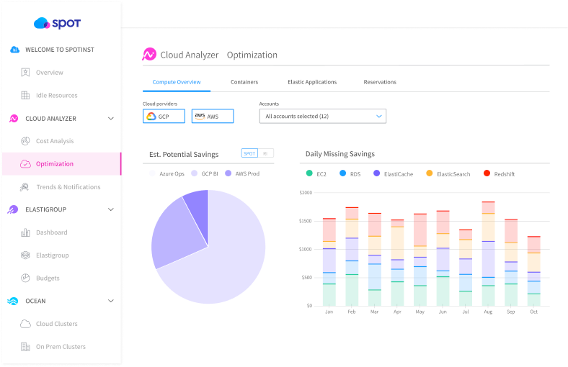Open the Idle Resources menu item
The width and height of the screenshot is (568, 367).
pos(56,95)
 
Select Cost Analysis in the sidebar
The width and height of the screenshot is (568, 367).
pos(55,141)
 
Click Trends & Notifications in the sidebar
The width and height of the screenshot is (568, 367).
pos(68,187)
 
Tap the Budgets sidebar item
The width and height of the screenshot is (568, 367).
pos(48,278)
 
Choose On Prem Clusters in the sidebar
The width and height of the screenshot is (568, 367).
pos(61,347)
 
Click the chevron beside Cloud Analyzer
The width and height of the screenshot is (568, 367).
pos(110,118)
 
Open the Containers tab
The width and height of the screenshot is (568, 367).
pos(244,82)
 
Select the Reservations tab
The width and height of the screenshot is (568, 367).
pos(380,82)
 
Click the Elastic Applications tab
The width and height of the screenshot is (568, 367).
pos(312,82)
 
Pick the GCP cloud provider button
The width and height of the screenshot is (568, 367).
pos(164,117)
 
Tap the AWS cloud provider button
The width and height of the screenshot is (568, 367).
pos(213,117)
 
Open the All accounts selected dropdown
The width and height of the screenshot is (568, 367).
pos(322,116)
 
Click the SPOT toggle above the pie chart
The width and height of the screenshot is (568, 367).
pos(249,153)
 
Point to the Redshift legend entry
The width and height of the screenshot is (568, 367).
pos(504,174)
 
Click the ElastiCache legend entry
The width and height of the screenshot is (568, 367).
pos(398,174)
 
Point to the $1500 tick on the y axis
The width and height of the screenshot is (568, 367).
pos(306,221)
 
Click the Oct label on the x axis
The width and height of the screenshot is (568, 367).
pos(533,312)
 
